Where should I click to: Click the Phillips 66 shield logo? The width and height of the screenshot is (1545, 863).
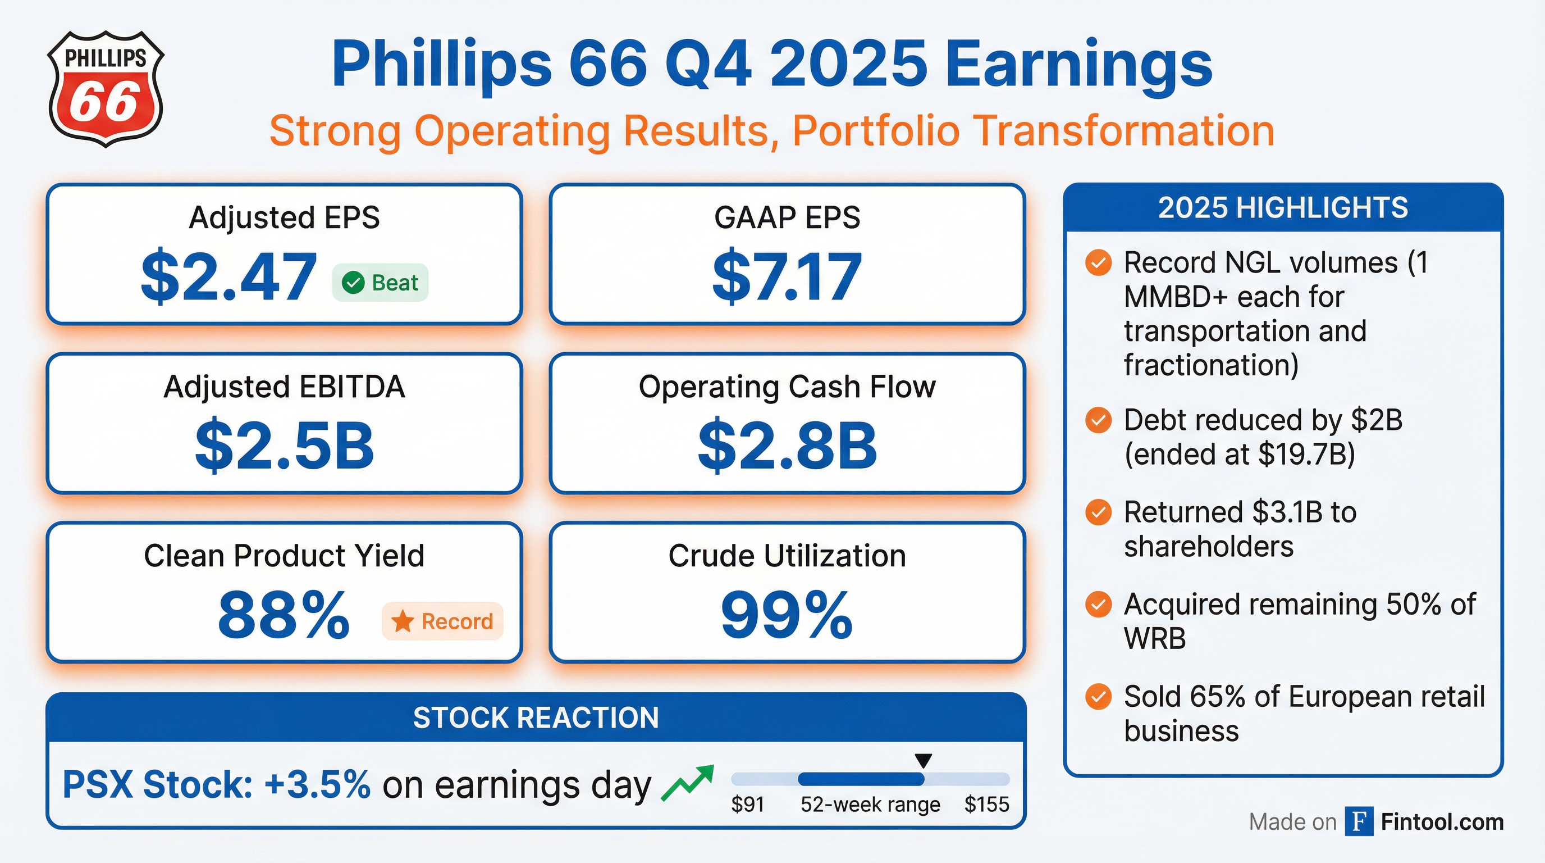106,89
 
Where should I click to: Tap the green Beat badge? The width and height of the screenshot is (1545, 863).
380,282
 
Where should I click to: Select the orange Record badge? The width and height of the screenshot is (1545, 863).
442,621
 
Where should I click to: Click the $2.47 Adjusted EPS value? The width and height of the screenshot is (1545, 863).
228,277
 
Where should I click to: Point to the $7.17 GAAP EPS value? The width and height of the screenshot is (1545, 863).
787,277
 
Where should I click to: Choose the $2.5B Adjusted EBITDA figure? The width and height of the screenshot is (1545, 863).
284,446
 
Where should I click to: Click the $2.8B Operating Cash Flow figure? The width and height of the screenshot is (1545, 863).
787,446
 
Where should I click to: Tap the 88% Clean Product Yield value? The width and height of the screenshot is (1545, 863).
284,615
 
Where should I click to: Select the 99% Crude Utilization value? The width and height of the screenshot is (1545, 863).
787,615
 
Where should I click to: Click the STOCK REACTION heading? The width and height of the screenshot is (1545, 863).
536,718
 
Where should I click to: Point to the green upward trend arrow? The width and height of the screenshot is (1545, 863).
687,783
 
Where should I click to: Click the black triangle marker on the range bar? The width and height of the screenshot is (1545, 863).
924,761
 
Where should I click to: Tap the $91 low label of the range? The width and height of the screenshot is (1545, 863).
747,804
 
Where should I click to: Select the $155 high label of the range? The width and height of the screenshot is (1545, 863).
986,804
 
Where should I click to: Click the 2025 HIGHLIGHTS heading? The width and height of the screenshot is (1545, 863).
1283,208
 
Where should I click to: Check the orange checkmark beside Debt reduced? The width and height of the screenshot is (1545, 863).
1098,420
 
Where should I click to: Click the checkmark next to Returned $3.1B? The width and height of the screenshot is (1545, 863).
1098,512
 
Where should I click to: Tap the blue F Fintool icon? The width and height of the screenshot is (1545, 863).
1359,821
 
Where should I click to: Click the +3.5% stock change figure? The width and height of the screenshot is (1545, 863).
317,784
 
